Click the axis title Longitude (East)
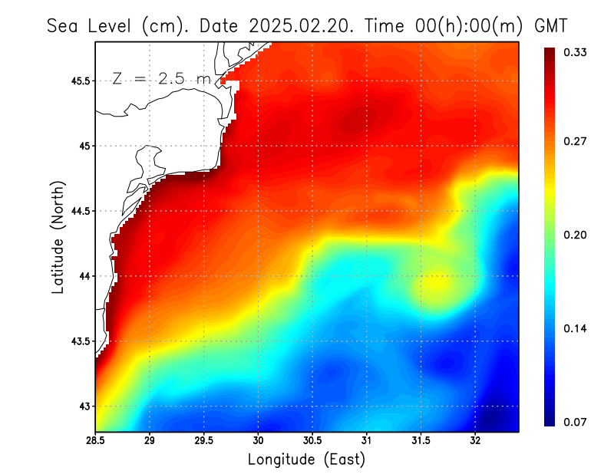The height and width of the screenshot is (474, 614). click(306, 459)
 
